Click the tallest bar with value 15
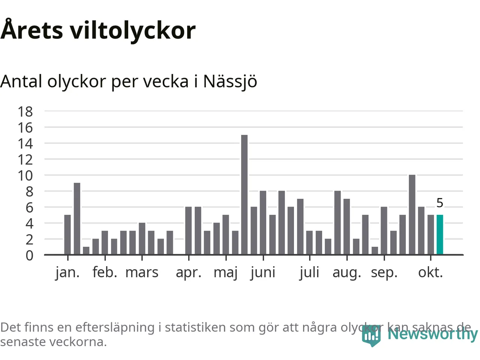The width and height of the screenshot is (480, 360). [244, 195]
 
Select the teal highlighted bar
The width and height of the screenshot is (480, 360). [440, 235]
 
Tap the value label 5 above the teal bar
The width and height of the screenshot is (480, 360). [440, 203]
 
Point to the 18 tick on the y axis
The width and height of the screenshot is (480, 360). [25, 111]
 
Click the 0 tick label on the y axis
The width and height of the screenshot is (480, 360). [29, 255]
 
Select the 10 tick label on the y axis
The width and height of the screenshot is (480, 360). [25, 175]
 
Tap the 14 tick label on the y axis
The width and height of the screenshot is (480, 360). [25, 144]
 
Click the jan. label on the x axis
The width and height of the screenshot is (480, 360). [67, 273]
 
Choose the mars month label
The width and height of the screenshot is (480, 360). [142, 273]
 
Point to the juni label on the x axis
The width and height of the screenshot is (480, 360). [263, 273]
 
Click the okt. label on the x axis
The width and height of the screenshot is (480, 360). [430, 273]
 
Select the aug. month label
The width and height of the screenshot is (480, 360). [347, 273]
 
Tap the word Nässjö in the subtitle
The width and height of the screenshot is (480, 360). [230, 81]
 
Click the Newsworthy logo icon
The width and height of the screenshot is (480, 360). [371, 335]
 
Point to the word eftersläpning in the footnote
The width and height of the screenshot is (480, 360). [115, 327]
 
